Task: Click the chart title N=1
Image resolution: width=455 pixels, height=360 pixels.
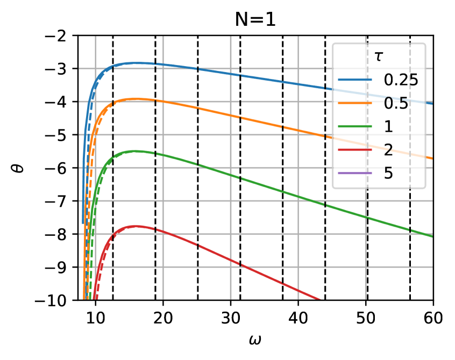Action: click(255, 19)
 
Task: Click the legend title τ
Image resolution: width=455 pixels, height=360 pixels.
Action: click(379, 56)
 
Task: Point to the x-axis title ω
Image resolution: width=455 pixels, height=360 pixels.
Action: click(255, 340)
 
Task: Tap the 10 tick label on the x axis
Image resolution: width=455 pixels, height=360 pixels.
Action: click(95, 318)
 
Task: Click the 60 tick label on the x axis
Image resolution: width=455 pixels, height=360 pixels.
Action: click(433, 318)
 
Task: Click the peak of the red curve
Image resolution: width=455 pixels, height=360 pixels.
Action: click(135, 226)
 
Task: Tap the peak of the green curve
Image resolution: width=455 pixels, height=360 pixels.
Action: click(135, 151)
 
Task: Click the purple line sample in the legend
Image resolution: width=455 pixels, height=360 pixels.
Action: click(355, 173)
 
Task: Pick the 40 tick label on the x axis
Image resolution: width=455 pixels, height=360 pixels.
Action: click(298, 318)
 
